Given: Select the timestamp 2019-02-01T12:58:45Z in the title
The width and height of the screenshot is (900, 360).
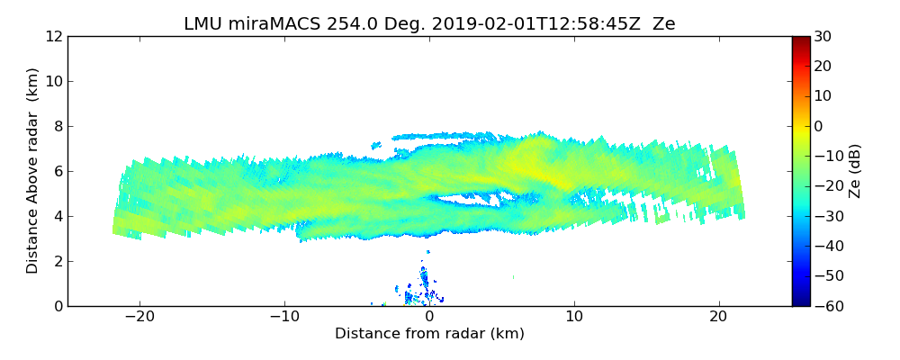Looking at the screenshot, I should point(501,24).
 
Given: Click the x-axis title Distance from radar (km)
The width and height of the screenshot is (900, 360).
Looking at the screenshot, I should point(429,334).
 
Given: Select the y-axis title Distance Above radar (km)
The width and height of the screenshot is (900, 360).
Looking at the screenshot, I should point(32,170).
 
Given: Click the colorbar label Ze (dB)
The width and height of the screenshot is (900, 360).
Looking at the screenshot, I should point(856,170).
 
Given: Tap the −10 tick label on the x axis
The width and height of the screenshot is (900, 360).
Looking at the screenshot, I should point(284,318).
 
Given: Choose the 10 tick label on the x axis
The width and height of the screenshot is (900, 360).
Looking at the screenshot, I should point(574,318).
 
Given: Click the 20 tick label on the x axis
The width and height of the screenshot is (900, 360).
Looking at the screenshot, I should point(718,318).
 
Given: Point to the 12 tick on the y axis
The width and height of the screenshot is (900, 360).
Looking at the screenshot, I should point(54,36).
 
